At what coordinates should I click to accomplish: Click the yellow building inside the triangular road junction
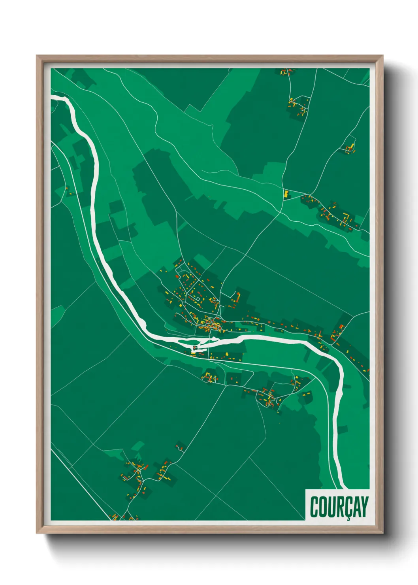coord(286,194)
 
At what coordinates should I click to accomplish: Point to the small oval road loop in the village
coord(197,299)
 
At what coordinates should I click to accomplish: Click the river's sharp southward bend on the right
coord(339,366)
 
